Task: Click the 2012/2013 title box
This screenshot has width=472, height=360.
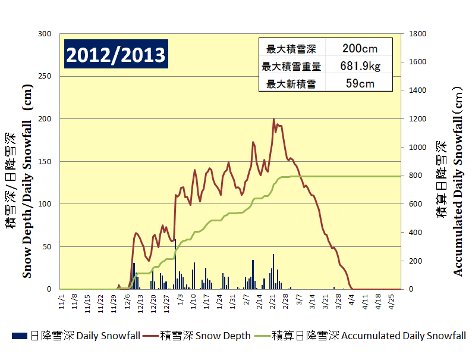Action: point(115,55)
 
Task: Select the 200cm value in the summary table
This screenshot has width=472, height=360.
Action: point(360,49)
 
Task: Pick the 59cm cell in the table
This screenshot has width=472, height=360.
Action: point(360,83)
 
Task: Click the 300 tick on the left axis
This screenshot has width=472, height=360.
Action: point(45,34)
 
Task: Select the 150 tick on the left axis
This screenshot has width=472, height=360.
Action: point(45,161)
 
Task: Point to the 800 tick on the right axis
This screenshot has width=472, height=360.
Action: point(416,176)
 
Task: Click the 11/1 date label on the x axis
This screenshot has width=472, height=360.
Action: point(62,298)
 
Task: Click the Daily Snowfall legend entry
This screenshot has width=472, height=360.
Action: point(76,336)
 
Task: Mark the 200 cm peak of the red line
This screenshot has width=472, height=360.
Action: point(274,119)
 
